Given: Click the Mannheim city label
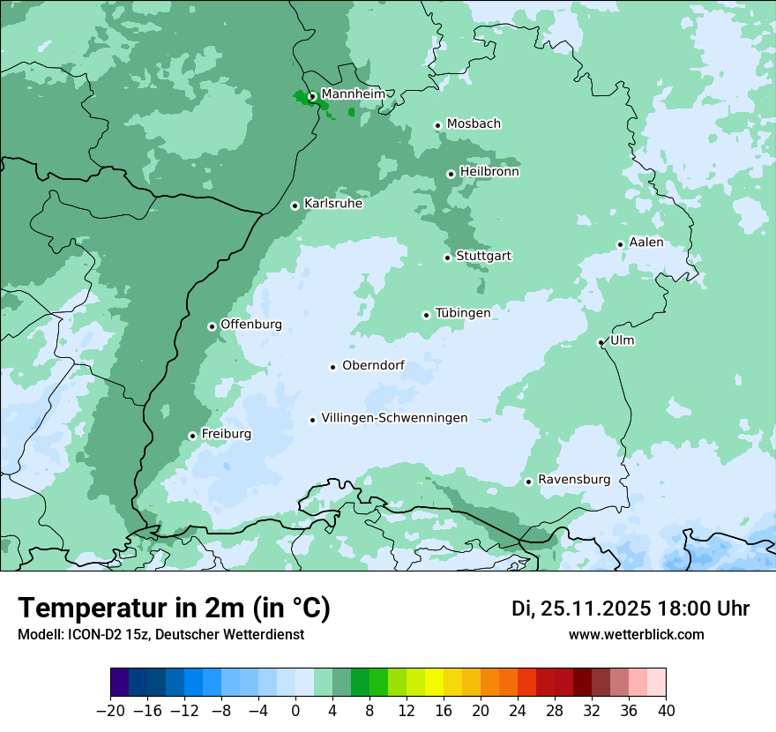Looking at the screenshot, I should (353, 94).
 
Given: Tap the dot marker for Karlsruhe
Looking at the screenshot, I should (295, 205).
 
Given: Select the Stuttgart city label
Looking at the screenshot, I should (483, 257).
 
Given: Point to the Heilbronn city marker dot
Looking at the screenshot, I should (451, 174).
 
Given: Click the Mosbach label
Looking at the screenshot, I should (474, 124).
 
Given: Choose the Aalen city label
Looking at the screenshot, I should (646, 243).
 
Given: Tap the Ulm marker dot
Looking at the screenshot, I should (601, 342).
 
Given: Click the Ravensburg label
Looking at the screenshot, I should (574, 480).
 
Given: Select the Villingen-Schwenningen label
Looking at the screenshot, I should (394, 418).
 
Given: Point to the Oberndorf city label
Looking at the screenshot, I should (373, 366).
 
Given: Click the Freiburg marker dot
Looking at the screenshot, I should (192, 436).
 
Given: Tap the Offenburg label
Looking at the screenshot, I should (251, 325).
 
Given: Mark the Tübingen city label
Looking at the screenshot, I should (463, 313).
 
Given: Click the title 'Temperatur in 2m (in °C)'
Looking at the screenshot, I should (174, 609).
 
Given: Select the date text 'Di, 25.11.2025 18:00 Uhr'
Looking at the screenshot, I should (630, 609).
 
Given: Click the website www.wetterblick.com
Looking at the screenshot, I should (636, 635).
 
